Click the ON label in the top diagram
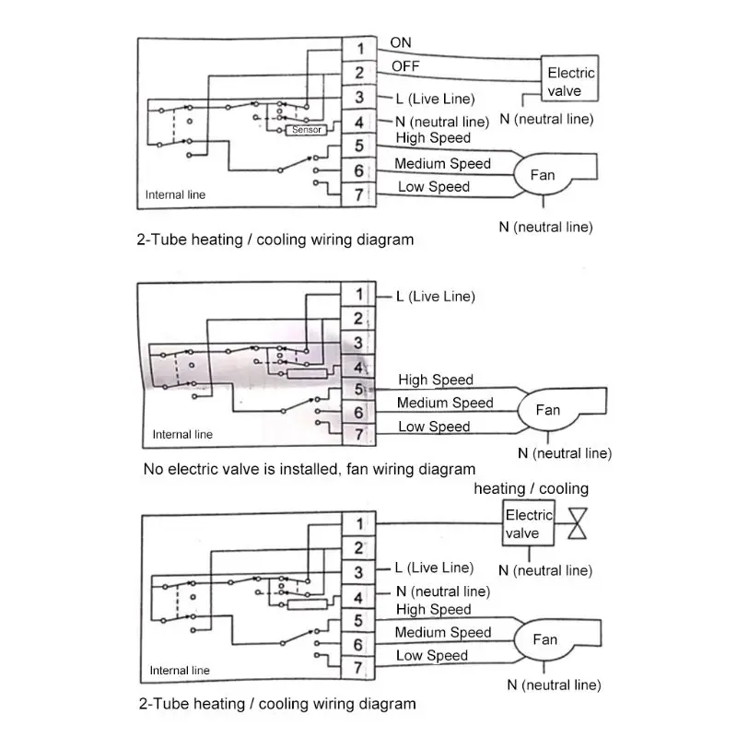(x=402, y=42)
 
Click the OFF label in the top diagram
(x=404, y=66)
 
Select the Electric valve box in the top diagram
(x=571, y=82)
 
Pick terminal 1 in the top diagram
(x=360, y=48)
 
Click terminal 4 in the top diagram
(x=360, y=122)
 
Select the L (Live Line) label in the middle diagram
(x=435, y=296)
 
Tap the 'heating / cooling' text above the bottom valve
(x=531, y=488)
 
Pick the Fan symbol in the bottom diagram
(x=544, y=639)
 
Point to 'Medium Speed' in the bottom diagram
(x=443, y=633)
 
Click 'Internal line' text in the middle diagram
(x=182, y=435)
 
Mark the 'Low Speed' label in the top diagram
(x=433, y=187)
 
